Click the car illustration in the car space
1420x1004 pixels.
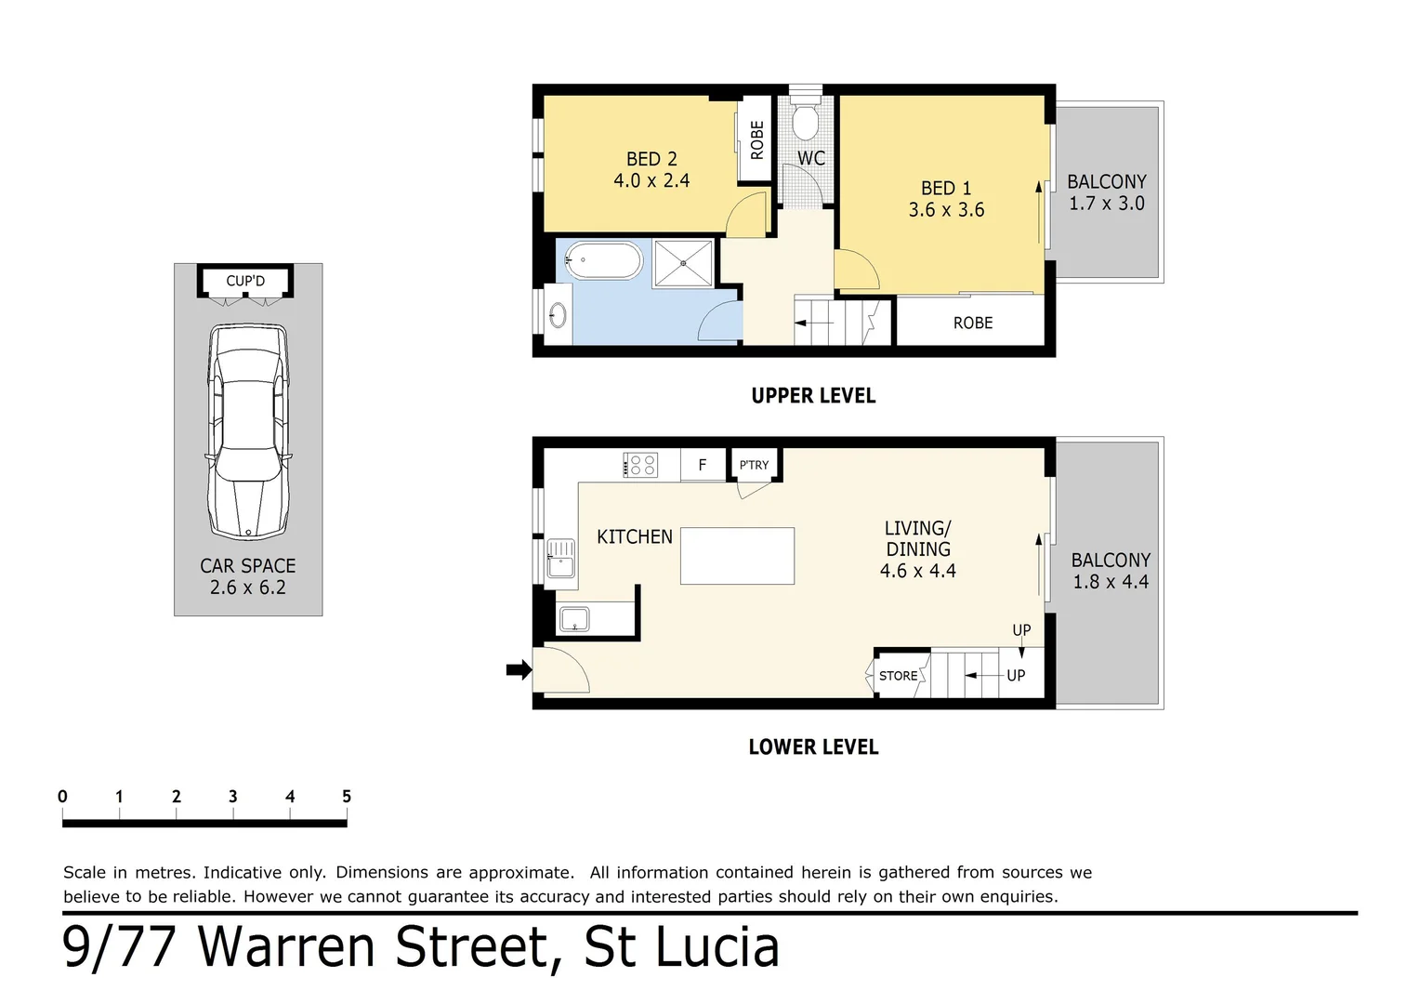248,432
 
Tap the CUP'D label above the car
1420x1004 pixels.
245,281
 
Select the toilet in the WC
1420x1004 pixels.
805,121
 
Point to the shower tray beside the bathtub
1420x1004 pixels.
684,263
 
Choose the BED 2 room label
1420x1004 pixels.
651,159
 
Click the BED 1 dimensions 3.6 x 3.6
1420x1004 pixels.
946,210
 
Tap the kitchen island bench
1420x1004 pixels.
737,556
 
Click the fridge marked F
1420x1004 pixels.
703,465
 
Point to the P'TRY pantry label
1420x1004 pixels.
754,465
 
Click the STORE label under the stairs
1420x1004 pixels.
898,676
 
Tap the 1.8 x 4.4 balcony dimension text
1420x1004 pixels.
1111,582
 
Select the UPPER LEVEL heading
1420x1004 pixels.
813,396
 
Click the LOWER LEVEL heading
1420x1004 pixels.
813,747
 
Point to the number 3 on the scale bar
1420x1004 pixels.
232,797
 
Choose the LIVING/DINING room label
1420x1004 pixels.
917,538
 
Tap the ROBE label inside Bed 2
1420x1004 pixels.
756,140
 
